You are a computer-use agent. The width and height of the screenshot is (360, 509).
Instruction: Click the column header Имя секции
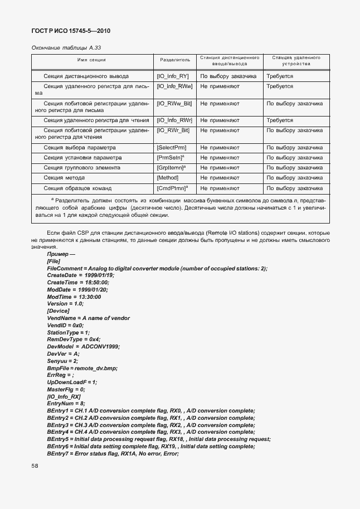91,60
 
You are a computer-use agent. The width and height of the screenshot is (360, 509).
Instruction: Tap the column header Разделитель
174,60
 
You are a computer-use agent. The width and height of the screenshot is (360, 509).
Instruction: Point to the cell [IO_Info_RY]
173,76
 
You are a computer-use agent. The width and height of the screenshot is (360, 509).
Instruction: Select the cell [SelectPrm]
172,148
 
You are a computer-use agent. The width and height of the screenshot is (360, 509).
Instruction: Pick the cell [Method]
168,178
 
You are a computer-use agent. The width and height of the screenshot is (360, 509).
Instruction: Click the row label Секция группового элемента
81,168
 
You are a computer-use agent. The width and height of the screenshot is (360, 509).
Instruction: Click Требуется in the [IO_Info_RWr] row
280,120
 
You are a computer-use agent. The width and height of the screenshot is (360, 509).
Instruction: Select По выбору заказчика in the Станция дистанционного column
228,76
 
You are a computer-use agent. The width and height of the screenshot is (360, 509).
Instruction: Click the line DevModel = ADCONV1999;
84,346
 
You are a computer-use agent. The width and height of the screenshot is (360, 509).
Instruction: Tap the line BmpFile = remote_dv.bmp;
82,368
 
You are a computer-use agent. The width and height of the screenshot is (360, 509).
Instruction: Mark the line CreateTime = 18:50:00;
78,282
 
